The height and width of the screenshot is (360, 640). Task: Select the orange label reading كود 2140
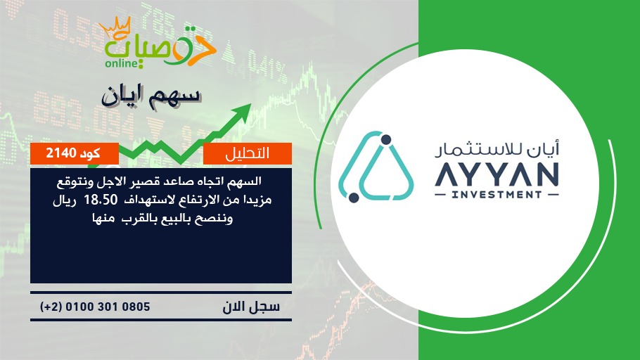click(75, 153)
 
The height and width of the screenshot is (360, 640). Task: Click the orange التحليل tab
click(248, 153)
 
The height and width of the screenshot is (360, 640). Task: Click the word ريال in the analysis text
click(65, 200)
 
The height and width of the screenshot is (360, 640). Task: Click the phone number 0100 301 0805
click(108, 307)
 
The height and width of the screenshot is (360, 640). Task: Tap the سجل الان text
click(251, 307)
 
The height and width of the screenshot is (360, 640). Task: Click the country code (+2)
click(51, 307)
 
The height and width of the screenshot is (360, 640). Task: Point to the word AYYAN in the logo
click(497, 175)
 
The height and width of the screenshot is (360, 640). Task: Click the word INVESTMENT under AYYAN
click(497, 195)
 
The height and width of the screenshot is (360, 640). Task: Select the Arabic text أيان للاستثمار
click(497, 149)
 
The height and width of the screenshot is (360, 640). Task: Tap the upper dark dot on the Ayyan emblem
click(386, 140)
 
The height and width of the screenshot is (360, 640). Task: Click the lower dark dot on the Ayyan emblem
click(354, 198)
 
